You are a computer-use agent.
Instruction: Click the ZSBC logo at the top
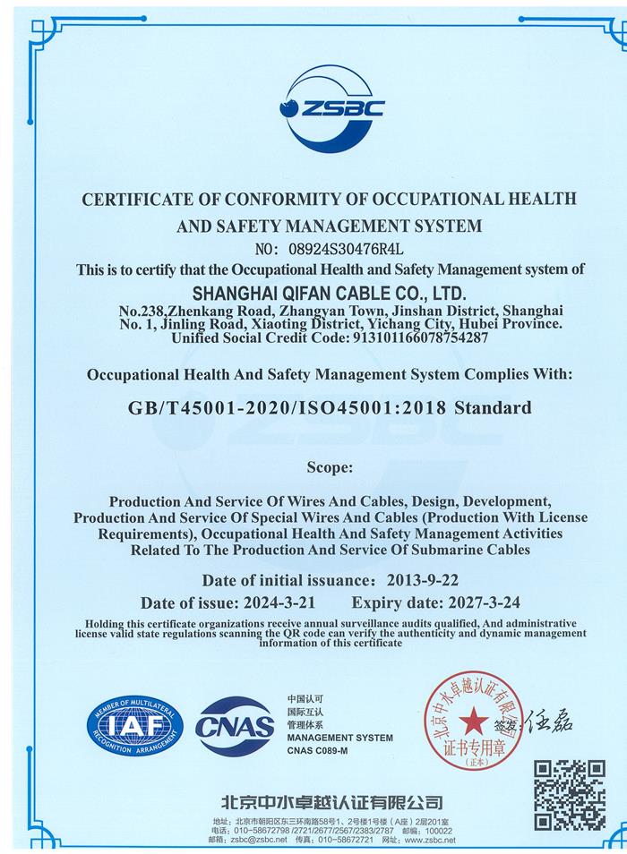(x=331, y=107)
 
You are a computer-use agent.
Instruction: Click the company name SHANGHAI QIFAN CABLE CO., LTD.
(x=331, y=293)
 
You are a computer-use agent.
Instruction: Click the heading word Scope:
(x=330, y=466)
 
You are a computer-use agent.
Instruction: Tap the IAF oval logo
(x=134, y=724)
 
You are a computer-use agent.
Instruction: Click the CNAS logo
(x=235, y=725)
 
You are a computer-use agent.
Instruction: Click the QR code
(x=570, y=794)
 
